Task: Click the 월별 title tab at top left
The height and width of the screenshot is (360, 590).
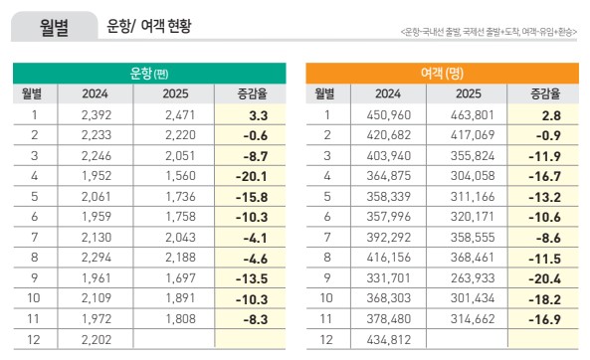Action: [55, 27]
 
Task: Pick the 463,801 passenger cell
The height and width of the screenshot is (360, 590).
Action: [474, 115]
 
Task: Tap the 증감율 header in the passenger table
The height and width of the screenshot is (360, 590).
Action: [543, 94]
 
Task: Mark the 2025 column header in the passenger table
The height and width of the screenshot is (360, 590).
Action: [474, 94]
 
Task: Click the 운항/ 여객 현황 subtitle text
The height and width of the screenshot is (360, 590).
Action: [149, 27]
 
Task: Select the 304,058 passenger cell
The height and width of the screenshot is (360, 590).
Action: [474, 172]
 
